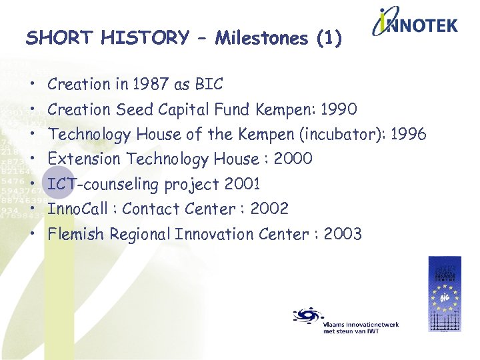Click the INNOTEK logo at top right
[415, 25]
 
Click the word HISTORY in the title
[145, 38]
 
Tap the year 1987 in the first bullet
[150, 85]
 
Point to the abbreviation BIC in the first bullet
[209, 85]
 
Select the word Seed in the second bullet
[133, 109]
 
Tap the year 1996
[408, 135]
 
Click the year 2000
[293, 159]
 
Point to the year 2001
[243, 184]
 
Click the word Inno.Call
[75, 209]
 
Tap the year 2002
[269, 209]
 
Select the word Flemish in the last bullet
[76, 234]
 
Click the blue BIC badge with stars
[444, 294]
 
